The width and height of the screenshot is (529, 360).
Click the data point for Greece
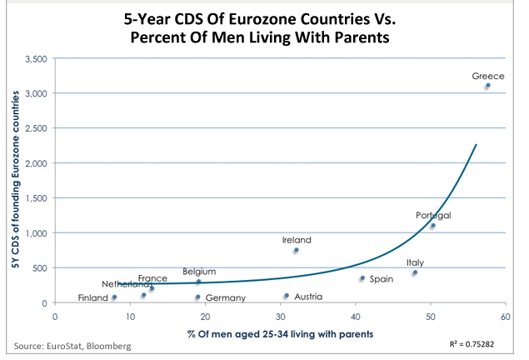pyautogui.click(x=488, y=85)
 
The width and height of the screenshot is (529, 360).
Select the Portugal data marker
pyautogui.click(x=433, y=225)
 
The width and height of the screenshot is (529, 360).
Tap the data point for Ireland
pyautogui.click(x=296, y=250)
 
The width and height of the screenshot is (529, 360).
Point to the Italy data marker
pyautogui.click(x=415, y=272)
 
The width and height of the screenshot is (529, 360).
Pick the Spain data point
pyautogui.click(x=362, y=278)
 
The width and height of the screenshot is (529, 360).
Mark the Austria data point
pyautogui.click(x=287, y=296)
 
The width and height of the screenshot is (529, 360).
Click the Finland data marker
pyautogui.click(x=114, y=297)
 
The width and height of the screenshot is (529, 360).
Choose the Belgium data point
pyautogui.click(x=198, y=282)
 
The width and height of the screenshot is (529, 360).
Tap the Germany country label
pyautogui.click(x=225, y=297)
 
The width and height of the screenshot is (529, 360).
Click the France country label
pyautogui.click(x=152, y=278)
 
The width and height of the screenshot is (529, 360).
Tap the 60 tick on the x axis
pyautogui.click(x=506, y=316)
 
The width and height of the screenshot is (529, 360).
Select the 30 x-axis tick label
pyautogui.click(x=280, y=316)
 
